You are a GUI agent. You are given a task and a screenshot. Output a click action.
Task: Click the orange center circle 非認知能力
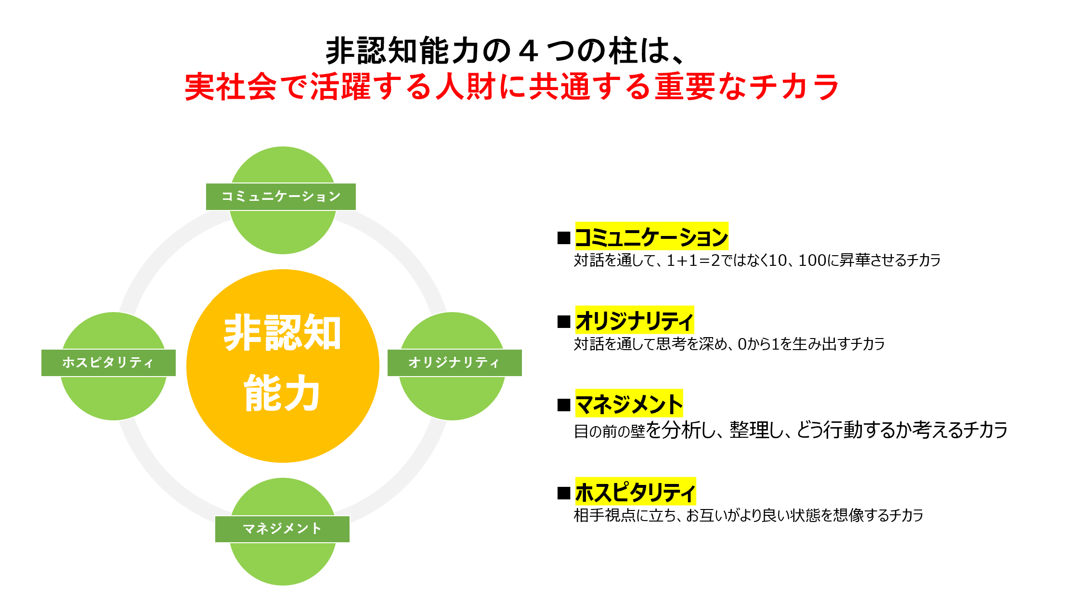[x=283, y=366]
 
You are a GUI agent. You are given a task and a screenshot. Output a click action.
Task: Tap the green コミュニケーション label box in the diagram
[x=281, y=196]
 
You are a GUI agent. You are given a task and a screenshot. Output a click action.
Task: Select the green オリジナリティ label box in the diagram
[x=454, y=363]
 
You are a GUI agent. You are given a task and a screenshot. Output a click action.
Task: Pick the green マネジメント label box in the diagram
[x=282, y=529]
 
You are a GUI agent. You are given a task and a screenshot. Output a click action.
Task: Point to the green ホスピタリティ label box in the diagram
[x=108, y=363]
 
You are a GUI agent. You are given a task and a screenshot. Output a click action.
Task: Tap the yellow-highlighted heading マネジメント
[x=629, y=404]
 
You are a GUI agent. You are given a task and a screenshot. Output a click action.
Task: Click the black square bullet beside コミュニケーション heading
[x=564, y=238]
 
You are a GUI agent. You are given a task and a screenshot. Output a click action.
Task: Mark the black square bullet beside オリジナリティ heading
[x=564, y=322]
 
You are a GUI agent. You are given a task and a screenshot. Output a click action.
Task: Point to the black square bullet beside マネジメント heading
[x=564, y=405]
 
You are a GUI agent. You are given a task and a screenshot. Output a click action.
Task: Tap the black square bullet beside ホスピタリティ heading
[x=564, y=493]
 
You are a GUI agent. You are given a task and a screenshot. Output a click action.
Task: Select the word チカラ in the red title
[x=794, y=87]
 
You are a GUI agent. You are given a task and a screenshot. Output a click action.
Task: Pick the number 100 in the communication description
[x=812, y=261]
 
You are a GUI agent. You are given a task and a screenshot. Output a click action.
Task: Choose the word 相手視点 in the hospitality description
[x=604, y=515]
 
